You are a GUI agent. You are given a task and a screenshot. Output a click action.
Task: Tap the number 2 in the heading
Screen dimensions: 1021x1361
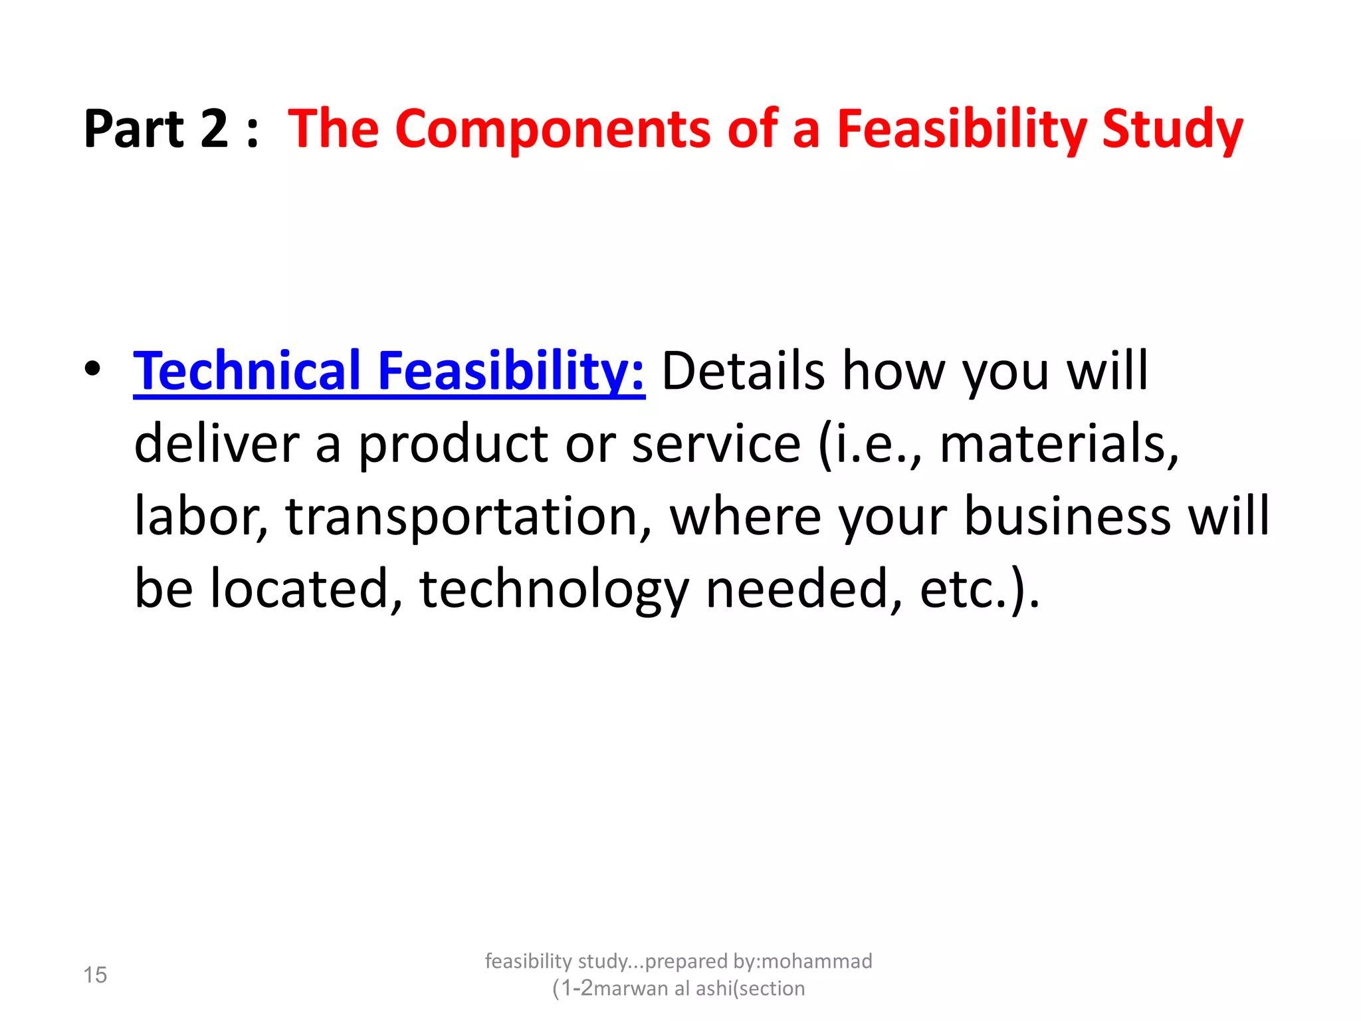point(214,128)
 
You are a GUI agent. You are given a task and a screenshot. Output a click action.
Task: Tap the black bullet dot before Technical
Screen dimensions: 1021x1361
point(93,369)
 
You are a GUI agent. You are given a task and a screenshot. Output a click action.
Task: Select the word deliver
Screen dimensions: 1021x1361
point(217,444)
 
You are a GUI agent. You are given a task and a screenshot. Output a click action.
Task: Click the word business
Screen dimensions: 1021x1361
point(1067,516)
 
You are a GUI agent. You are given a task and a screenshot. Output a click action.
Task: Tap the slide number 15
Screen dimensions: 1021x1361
point(95,974)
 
